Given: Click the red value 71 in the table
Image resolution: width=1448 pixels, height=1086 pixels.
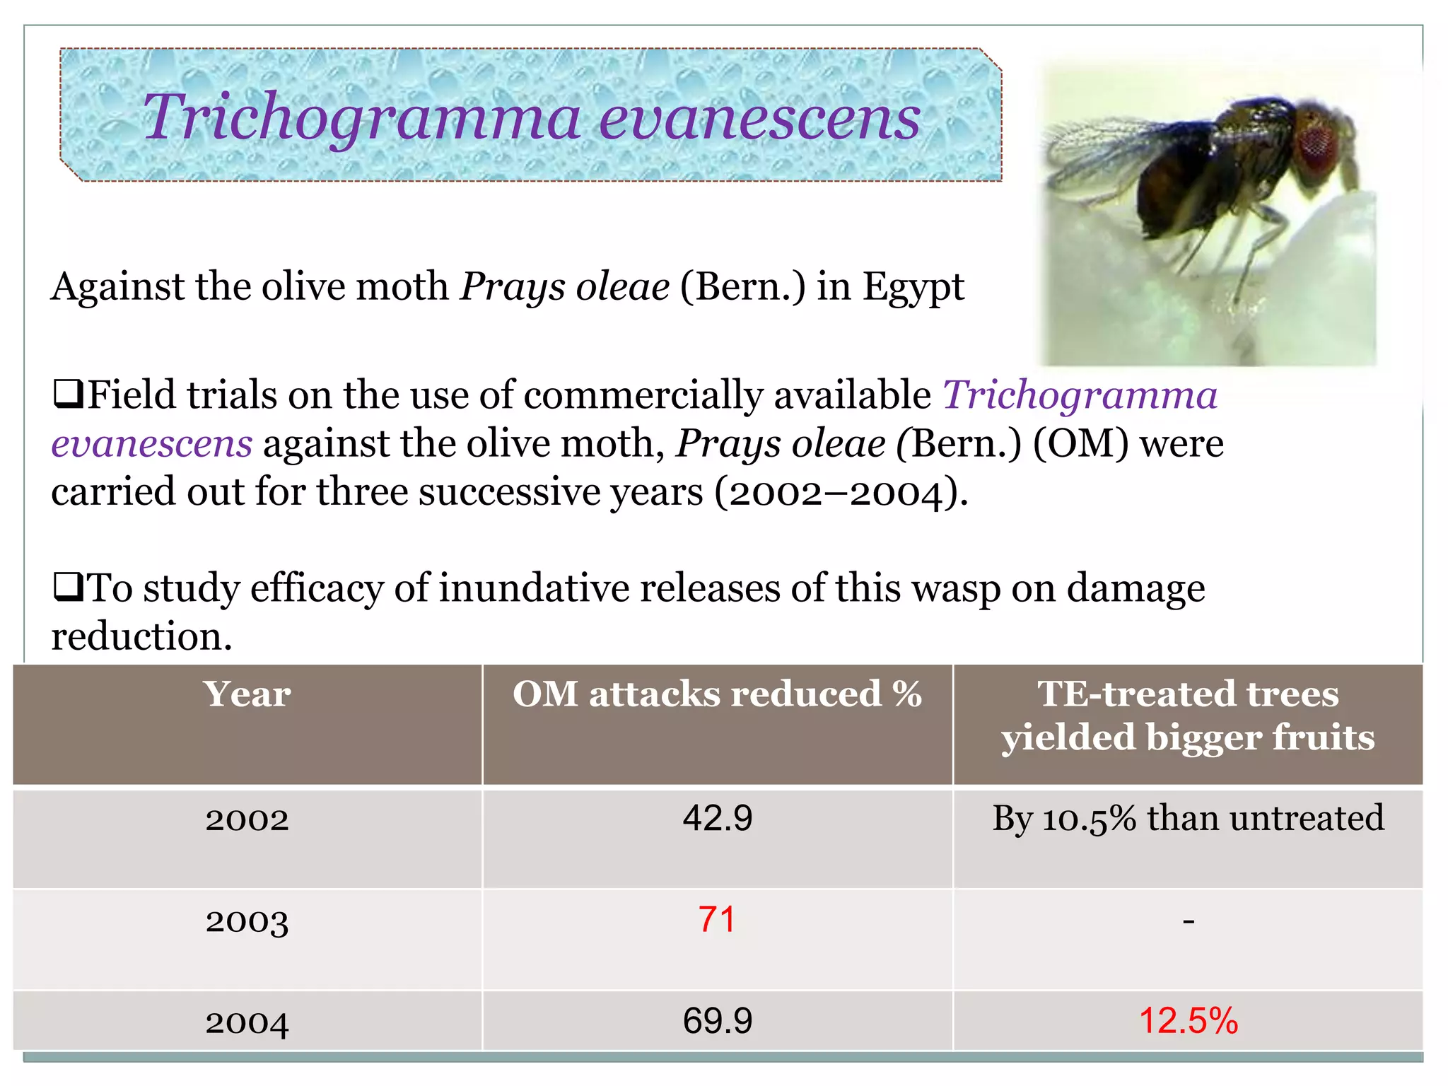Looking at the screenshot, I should click(x=717, y=920).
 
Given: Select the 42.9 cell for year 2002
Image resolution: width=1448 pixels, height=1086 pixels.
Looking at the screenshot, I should click(x=717, y=818).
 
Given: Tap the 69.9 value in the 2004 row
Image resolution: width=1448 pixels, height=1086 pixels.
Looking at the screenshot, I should click(x=717, y=1021).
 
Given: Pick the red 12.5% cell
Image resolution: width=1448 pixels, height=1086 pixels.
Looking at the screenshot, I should click(x=1188, y=1021).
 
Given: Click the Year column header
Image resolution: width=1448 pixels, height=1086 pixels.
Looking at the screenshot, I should click(x=247, y=694).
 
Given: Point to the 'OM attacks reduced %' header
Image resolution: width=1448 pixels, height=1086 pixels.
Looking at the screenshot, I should click(x=717, y=694).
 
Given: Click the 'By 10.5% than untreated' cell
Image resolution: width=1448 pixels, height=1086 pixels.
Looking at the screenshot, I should click(x=1188, y=818).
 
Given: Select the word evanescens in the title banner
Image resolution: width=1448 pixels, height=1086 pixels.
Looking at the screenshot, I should click(x=759, y=117).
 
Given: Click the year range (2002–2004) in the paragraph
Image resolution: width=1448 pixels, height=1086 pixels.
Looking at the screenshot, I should click(x=841, y=492).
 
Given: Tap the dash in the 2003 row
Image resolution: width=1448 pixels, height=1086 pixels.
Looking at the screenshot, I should click(x=1188, y=921).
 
